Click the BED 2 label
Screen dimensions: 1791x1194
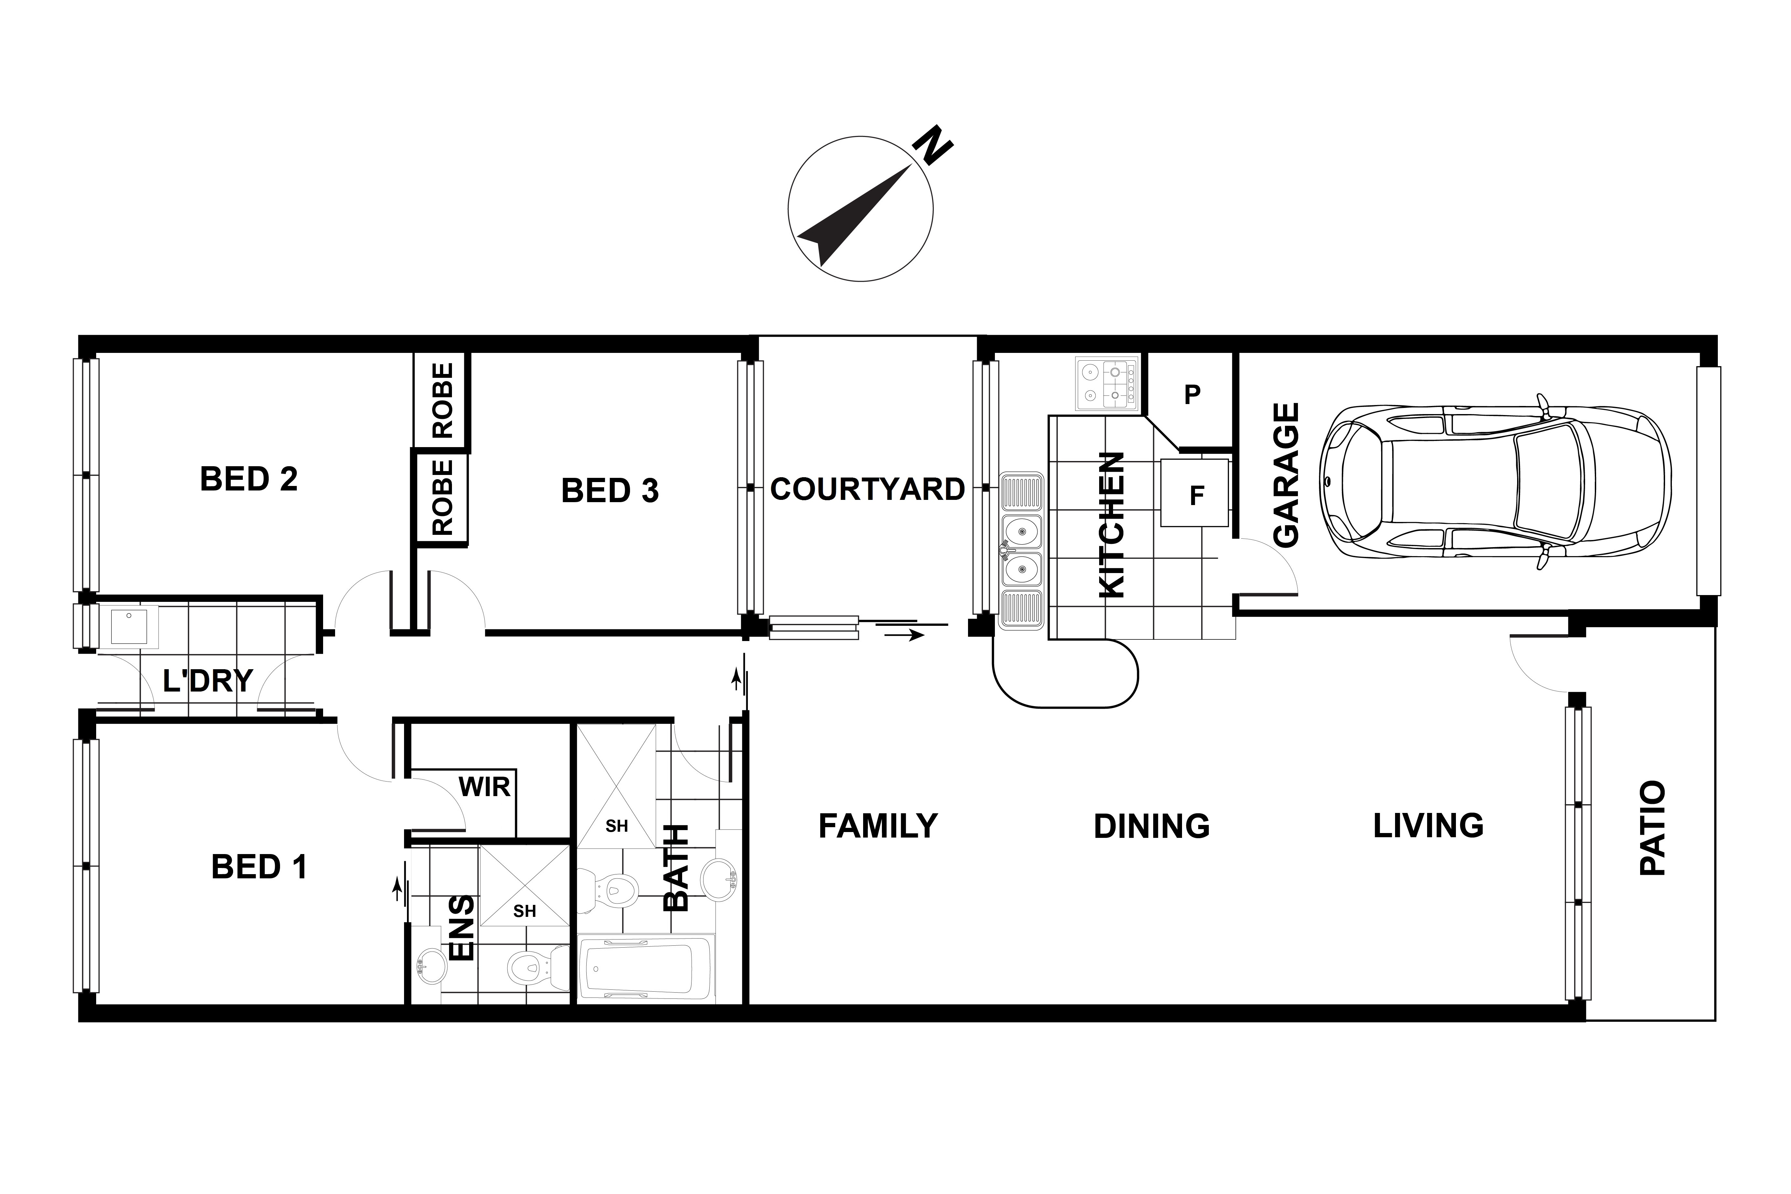pos(249,479)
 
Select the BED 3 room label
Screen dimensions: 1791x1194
pos(610,491)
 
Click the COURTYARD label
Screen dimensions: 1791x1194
pos(867,489)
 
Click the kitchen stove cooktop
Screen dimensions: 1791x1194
pos(1107,383)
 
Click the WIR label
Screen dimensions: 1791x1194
pos(484,787)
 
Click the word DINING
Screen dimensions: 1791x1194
pos(1151,826)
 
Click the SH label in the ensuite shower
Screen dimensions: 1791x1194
pos(525,911)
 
